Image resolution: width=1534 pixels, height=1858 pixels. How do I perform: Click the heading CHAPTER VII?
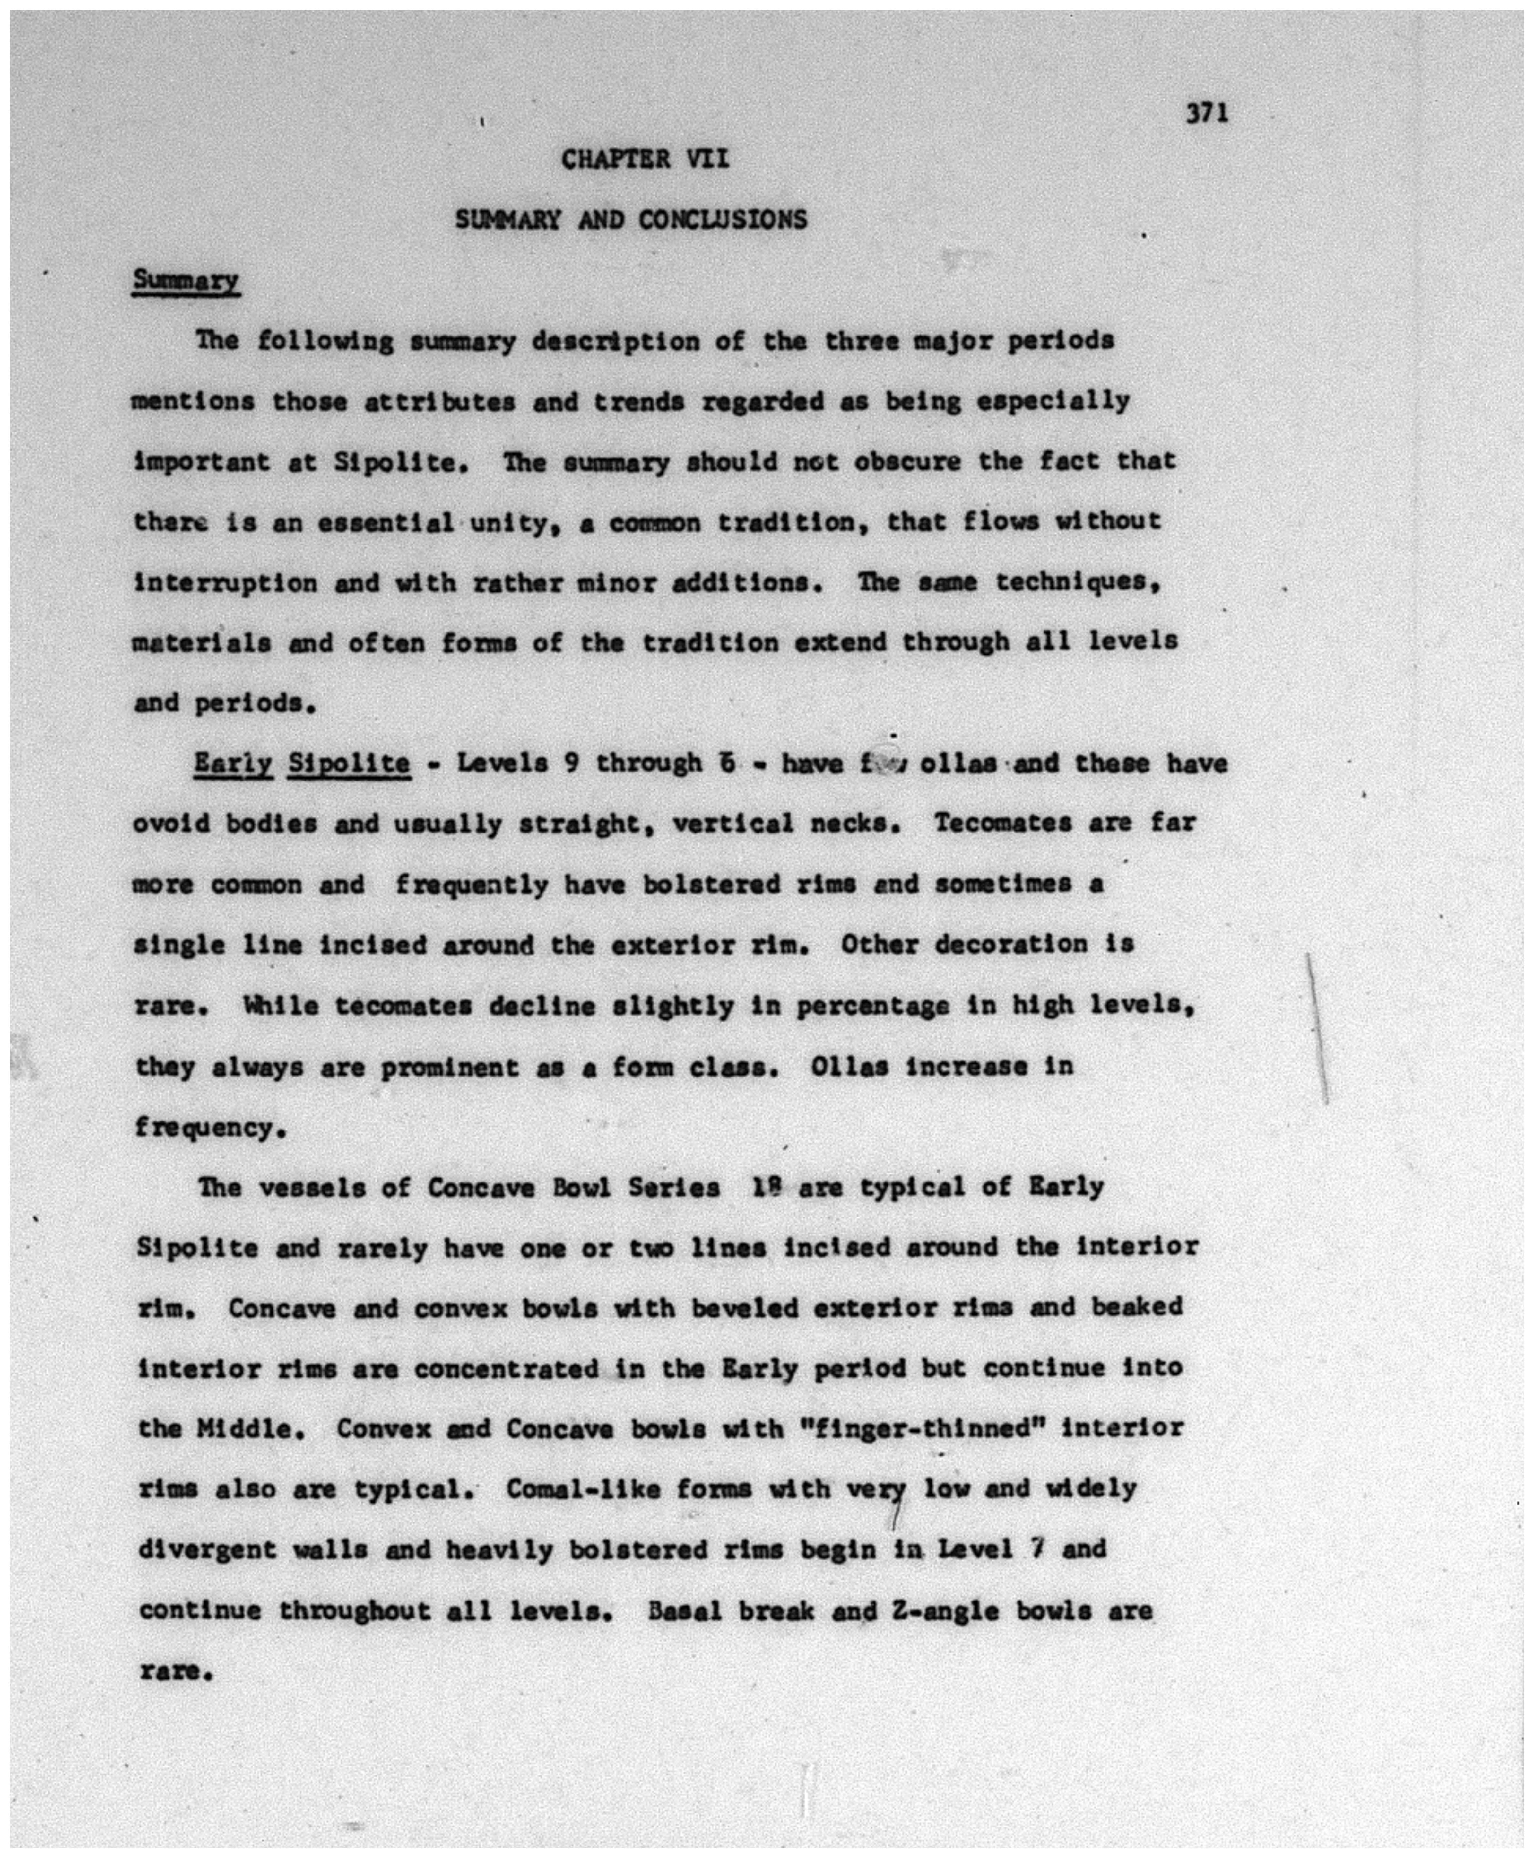[645, 160]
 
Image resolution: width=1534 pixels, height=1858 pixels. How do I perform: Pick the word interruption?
[225, 583]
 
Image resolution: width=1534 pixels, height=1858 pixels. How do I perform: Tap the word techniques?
[1076, 582]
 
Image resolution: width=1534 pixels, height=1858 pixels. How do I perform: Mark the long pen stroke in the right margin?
[1317, 1030]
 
